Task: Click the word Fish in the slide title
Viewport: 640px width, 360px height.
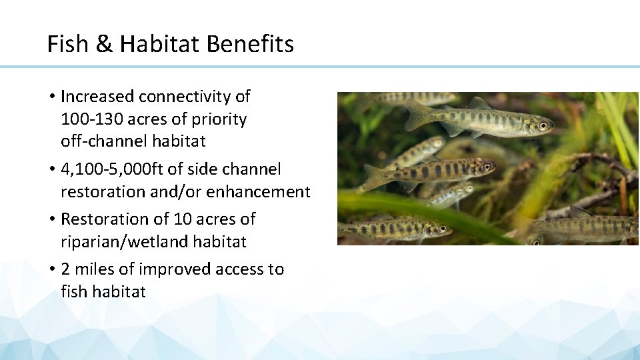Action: tap(67, 45)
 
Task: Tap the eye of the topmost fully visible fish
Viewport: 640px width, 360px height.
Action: tap(543, 125)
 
